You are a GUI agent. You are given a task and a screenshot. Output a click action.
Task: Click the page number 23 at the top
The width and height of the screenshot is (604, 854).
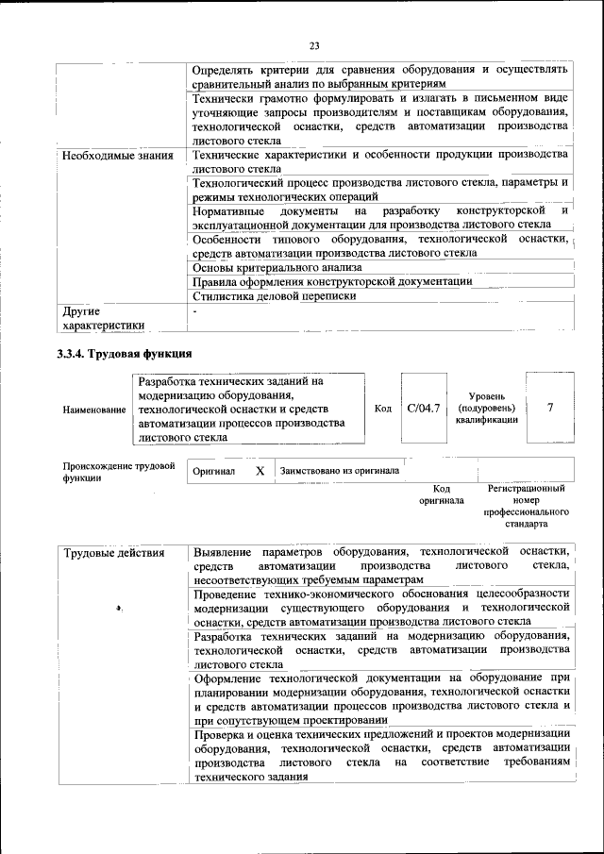coord(314,44)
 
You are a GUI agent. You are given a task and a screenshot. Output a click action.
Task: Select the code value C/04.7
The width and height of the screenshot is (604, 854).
coord(424,409)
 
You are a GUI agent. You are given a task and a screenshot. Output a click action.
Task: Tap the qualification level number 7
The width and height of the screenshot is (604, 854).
coord(549,408)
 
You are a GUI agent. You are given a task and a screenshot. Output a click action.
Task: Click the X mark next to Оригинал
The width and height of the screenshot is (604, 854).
coord(260,470)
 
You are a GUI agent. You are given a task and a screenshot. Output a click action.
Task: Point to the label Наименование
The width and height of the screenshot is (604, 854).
coord(93,410)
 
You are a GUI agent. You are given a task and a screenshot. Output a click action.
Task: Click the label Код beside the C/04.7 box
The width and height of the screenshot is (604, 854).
coord(383,409)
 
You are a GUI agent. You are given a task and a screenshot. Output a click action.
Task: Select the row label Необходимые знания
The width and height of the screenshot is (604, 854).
coord(118,155)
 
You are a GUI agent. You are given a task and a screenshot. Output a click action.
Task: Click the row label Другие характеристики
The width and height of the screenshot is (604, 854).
coord(103,318)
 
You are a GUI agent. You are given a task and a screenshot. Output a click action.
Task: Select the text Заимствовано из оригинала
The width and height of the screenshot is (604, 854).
coord(339,470)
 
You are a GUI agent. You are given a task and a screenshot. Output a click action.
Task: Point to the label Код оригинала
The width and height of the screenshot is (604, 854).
coord(442,494)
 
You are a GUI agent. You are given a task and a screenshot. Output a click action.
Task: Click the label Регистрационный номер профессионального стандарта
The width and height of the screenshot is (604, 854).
coord(526,507)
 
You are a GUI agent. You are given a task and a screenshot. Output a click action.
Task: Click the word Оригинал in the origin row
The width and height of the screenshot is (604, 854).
coord(213,471)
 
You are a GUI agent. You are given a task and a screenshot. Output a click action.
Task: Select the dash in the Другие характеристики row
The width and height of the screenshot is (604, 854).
coord(194,310)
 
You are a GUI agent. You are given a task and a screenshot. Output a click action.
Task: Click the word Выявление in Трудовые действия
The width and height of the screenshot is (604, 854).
coord(223,550)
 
